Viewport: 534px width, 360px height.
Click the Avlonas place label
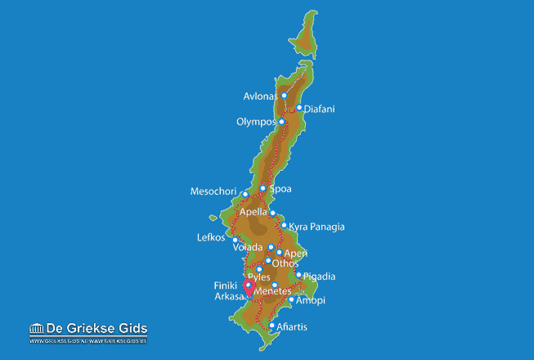pos(261,97)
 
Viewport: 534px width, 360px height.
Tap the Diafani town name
pos(319,109)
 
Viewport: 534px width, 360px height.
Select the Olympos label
pos(256,123)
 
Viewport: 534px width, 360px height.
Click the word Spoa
pos(280,189)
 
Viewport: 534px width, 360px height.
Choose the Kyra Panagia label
pos(317,227)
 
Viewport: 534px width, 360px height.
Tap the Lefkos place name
pos(210,238)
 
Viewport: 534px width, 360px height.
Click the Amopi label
pos(311,300)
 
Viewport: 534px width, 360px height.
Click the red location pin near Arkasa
pos(249,289)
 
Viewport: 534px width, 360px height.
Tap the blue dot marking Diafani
pos(299,107)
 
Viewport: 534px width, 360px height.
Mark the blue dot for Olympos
pos(281,122)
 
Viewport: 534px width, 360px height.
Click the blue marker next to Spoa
pos(263,188)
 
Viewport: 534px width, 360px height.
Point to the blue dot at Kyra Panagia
pos(284,226)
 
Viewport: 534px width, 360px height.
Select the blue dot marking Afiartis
pos(272,326)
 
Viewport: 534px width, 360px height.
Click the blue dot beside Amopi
pos(291,299)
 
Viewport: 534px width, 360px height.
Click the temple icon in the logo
pos(35,329)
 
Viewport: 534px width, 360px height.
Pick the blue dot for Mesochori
pos(245,195)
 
